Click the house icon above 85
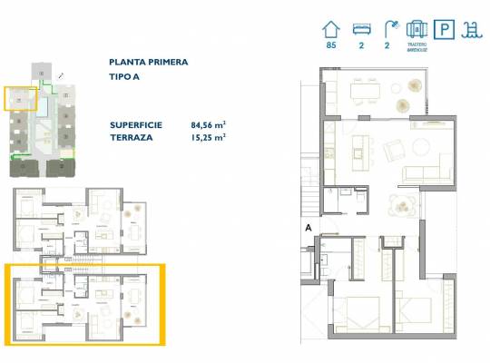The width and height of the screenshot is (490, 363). pyautogui.click(x=330, y=28)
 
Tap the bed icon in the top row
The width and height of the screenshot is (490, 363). pyautogui.click(x=360, y=28)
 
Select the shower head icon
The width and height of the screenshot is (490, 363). pyautogui.click(x=390, y=28)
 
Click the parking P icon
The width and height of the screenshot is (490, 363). pyautogui.click(x=446, y=28)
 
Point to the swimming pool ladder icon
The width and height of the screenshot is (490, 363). pyautogui.click(x=474, y=28)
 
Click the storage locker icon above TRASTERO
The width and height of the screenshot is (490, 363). pyautogui.click(x=417, y=28)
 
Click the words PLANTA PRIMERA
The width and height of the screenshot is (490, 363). pyautogui.click(x=149, y=63)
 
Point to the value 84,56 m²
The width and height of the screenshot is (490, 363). pyautogui.click(x=208, y=124)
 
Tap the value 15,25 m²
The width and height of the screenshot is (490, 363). pyautogui.click(x=208, y=137)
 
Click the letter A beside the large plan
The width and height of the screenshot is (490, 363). pyautogui.click(x=309, y=227)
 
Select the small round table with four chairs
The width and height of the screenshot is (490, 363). pyautogui.click(x=401, y=208)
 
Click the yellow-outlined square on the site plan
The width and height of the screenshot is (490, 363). pyautogui.click(x=19, y=98)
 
